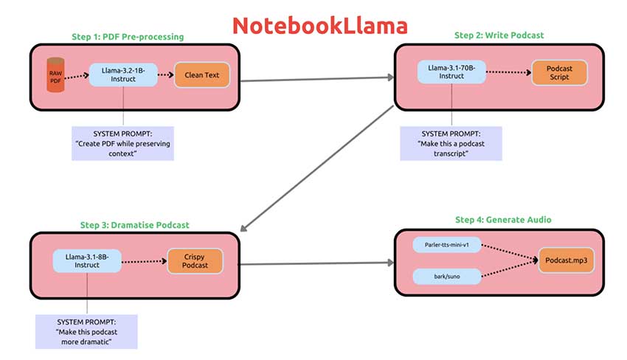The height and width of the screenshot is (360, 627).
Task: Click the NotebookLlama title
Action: [x=319, y=26]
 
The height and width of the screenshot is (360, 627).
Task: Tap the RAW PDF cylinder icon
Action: [x=55, y=75]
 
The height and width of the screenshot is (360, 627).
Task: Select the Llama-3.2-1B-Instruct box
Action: [x=123, y=75]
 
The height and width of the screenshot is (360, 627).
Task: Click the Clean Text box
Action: [x=202, y=75]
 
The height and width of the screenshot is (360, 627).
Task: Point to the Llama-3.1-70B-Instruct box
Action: [x=451, y=72]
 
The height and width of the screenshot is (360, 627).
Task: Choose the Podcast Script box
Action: [x=559, y=72]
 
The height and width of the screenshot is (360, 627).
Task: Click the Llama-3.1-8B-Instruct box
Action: [x=87, y=260]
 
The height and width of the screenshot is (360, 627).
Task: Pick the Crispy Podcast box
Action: [x=194, y=260]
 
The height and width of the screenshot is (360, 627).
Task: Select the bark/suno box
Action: [x=447, y=277]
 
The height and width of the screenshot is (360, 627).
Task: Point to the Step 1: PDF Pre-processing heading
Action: [x=128, y=37]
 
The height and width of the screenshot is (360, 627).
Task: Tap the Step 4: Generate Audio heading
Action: [x=503, y=219]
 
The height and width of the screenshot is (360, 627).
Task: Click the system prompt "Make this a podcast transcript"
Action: [x=451, y=143]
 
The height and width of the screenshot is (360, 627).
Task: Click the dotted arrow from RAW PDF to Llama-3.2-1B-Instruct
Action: [x=77, y=75]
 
